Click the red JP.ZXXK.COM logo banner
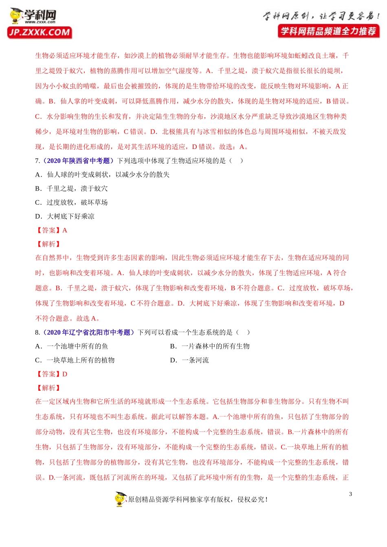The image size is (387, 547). coord(40,33)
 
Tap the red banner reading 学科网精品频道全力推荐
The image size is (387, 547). coord(328,31)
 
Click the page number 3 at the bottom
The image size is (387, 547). coord(350,494)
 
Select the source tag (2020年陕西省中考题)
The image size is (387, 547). coord(79,161)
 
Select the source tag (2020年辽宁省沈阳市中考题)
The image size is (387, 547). coord(89,333)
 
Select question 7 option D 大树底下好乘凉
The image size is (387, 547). coord(65,216)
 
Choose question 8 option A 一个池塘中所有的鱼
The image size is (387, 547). coord(72,346)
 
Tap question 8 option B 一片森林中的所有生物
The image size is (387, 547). coord(210,346)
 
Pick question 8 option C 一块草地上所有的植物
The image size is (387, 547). coord(75,360)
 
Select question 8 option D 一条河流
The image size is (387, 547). coord(189,360)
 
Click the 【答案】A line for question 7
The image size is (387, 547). coord(51,230)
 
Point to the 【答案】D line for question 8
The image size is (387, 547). coord(51,374)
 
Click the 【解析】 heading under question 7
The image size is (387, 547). coord(48,244)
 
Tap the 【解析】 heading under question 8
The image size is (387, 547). coord(48,388)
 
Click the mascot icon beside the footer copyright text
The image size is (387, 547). coord(121,499)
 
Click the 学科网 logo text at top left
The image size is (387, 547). coord(40,15)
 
